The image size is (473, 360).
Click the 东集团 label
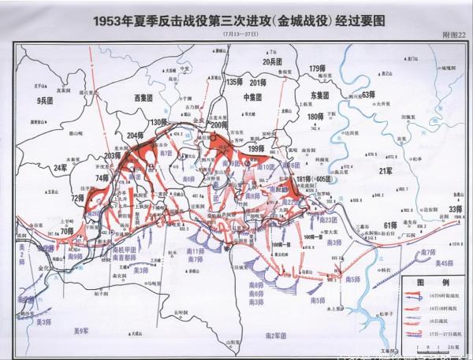315,94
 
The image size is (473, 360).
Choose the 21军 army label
386,170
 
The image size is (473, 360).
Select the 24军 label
60,168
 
